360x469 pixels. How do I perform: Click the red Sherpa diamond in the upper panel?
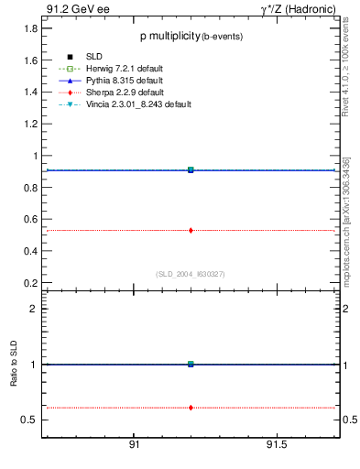(x=191, y=230)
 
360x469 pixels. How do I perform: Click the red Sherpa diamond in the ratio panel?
(x=191, y=407)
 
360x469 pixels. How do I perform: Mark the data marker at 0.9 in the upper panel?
(x=191, y=169)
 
